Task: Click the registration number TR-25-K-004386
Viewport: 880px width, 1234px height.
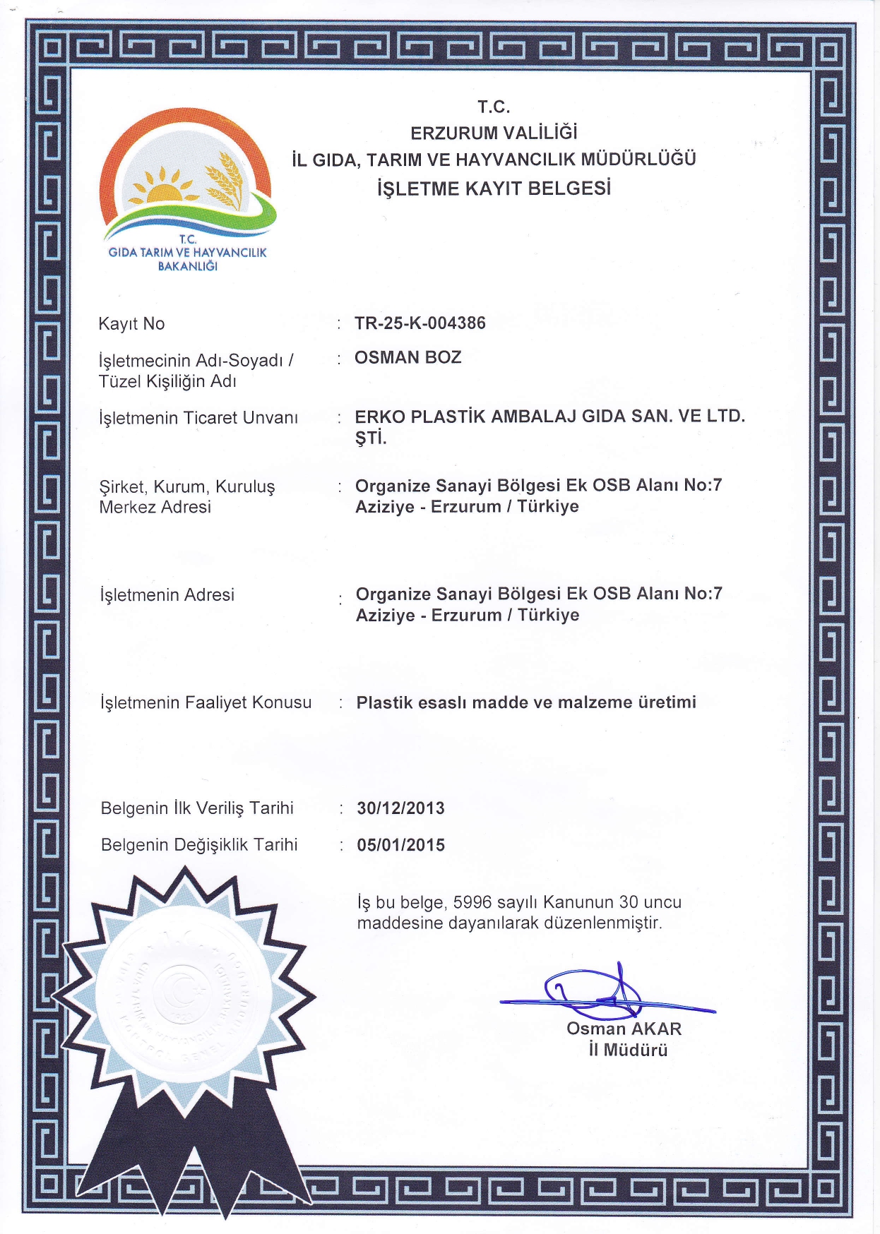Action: click(420, 323)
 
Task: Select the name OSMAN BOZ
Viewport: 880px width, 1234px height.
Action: click(408, 357)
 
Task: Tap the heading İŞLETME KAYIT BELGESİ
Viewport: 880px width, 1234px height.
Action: click(494, 188)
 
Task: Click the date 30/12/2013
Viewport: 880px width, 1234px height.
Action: click(401, 808)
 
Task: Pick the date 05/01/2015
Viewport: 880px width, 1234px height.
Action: click(401, 845)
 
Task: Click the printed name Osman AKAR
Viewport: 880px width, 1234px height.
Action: click(624, 1029)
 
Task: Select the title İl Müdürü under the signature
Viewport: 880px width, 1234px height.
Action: click(628, 1050)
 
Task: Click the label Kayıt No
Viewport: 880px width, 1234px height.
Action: click(131, 324)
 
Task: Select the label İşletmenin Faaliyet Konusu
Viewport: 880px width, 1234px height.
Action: click(206, 702)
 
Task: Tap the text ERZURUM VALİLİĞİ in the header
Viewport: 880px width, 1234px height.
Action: click(494, 133)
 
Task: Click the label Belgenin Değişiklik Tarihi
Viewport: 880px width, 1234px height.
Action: click(199, 845)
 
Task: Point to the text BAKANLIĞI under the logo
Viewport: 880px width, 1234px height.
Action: click(187, 266)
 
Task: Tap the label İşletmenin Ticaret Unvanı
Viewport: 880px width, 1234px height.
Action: click(198, 418)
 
